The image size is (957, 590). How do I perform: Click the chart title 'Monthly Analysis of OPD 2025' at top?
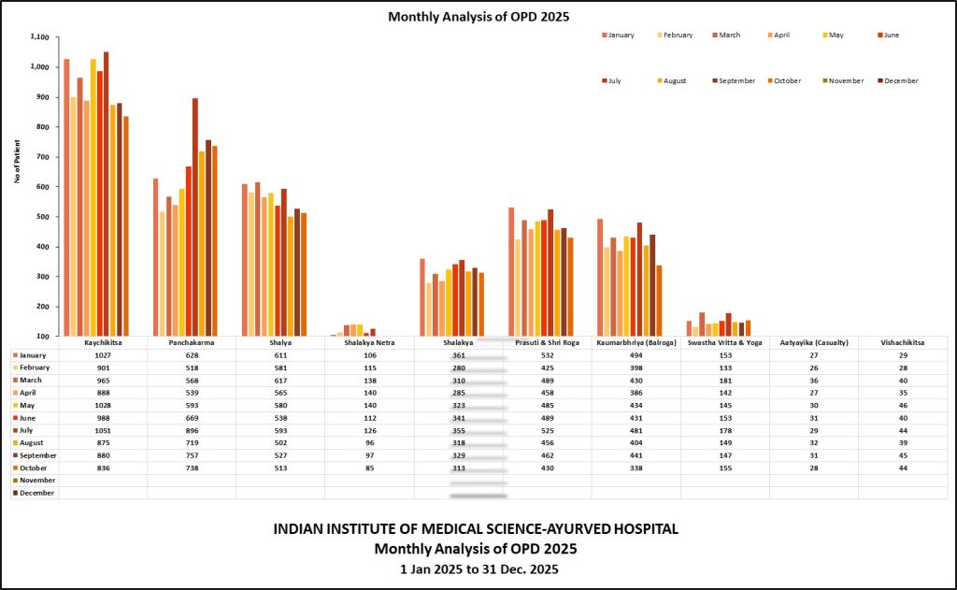(x=478, y=17)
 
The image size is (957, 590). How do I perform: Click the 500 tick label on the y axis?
(x=41, y=217)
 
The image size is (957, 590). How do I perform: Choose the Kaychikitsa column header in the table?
(x=103, y=343)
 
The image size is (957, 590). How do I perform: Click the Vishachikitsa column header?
(x=902, y=343)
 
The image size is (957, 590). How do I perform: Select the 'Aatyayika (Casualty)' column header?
(x=813, y=343)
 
